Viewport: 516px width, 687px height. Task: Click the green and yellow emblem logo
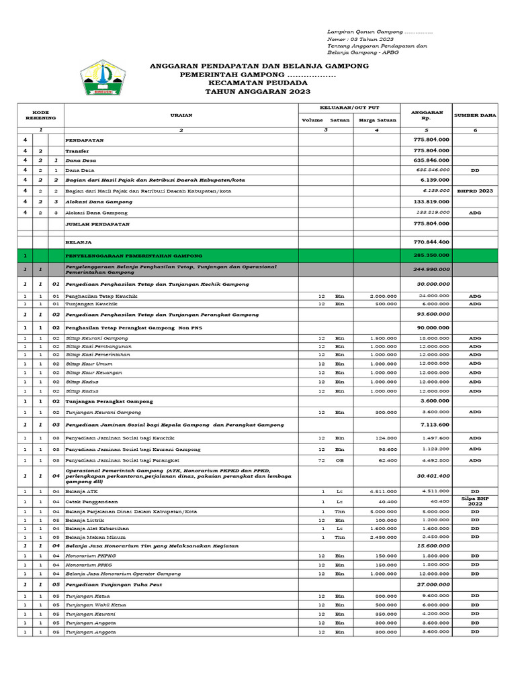click(x=103, y=78)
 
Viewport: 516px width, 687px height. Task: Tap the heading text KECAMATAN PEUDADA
click(x=258, y=83)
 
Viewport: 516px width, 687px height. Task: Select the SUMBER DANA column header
click(x=475, y=115)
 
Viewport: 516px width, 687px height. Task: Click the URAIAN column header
click(x=181, y=115)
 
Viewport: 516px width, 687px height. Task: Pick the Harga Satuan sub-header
click(x=376, y=120)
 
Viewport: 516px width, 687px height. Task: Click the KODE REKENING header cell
click(x=40, y=115)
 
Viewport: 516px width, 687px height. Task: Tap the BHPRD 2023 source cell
click(x=475, y=191)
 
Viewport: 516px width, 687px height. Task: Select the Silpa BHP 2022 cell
click(x=475, y=500)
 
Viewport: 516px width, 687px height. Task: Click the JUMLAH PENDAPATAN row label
click(x=98, y=223)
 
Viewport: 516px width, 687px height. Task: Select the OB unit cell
click(x=340, y=460)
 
